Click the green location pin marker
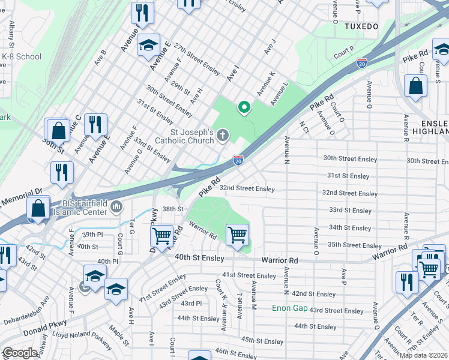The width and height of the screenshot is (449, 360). (x=244, y=107)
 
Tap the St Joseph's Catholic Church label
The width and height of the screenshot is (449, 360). (x=184, y=136)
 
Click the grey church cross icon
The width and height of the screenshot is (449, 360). (x=223, y=135)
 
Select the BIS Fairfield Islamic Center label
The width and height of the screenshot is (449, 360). (x=77, y=207)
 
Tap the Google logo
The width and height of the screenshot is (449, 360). (x=20, y=353)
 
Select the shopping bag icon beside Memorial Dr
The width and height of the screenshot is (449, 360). (x=38, y=209)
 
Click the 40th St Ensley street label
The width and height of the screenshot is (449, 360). (x=191, y=257)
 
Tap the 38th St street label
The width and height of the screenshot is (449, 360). (x=172, y=209)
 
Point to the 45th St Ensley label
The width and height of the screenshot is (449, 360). (x=262, y=340)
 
